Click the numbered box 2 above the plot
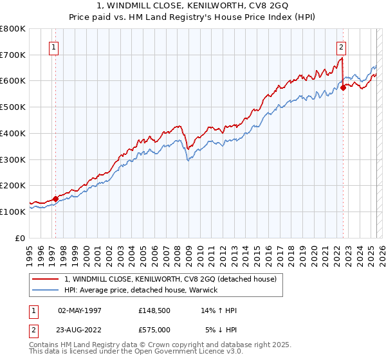pyautogui.click(x=340, y=46)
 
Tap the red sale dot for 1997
pyautogui.click(x=55, y=199)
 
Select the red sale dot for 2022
pyautogui.click(x=343, y=88)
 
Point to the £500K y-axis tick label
pyautogui.click(x=13, y=107)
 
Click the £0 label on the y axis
pyautogui.click(x=21, y=238)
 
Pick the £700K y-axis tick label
pyautogui.click(x=13, y=55)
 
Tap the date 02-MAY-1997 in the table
pyautogui.click(x=80, y=310)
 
